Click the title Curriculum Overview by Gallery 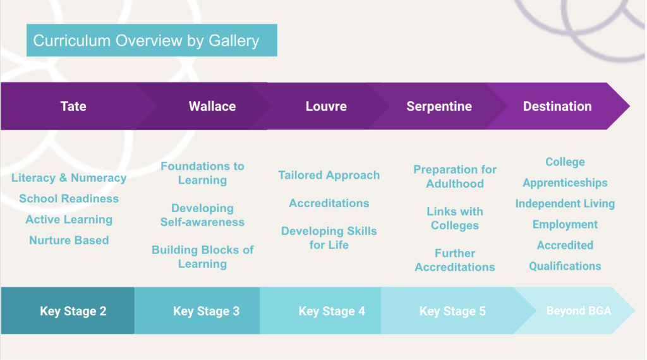(146, 41)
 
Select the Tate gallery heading (73, 106)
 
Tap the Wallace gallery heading (212, 106)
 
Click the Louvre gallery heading (326, 106)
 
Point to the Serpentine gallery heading (439, 106)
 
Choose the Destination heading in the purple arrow (557, 106)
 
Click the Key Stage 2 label (73, 311)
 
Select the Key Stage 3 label (207, 311)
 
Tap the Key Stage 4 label (332, 311)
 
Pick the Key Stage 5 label (452, 311)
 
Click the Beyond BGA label (579, 311)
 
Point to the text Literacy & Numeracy (69, 177)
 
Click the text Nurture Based (69, 240)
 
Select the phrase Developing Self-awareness (202, 215)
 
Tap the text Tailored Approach (329, 175)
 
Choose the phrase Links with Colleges (455, 219)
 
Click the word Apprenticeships (565, 183)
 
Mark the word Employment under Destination (565, 224)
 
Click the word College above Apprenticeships (565, 162)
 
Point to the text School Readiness (69, 199)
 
